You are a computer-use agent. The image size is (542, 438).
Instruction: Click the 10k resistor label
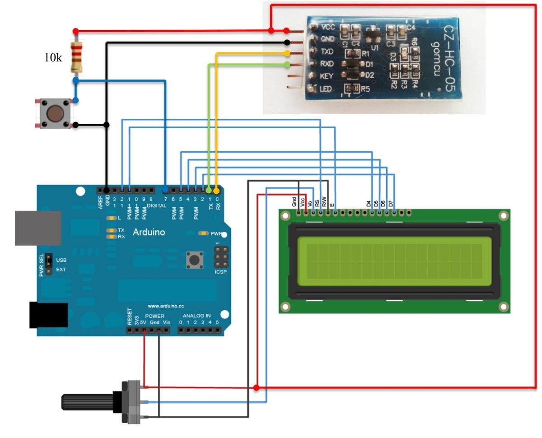(x=53, y=59)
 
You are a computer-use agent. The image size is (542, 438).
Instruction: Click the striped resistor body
(x=76, y=56)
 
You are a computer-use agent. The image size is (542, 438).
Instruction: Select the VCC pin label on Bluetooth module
(x=327, y=27)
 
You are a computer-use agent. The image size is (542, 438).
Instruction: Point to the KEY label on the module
(x=326, y=76)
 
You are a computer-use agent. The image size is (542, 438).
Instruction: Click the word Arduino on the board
(x=149, y=232)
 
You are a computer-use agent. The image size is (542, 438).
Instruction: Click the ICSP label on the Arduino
(x=221, y=272)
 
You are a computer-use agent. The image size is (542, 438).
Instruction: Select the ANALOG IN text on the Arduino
(x=196, y=316)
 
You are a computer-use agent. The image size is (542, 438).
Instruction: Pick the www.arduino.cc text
(x=166, y=305)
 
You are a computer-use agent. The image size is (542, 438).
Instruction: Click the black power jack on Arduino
(x=48, y=315)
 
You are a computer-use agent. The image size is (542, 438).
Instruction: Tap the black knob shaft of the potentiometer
(x=90, y=402)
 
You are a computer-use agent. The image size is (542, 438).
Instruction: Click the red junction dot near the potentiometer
(x=257, y=388)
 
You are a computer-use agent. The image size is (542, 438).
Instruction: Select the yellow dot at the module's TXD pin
(x=287, y=53)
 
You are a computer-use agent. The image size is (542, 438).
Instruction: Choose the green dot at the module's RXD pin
(x=287, y=65)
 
